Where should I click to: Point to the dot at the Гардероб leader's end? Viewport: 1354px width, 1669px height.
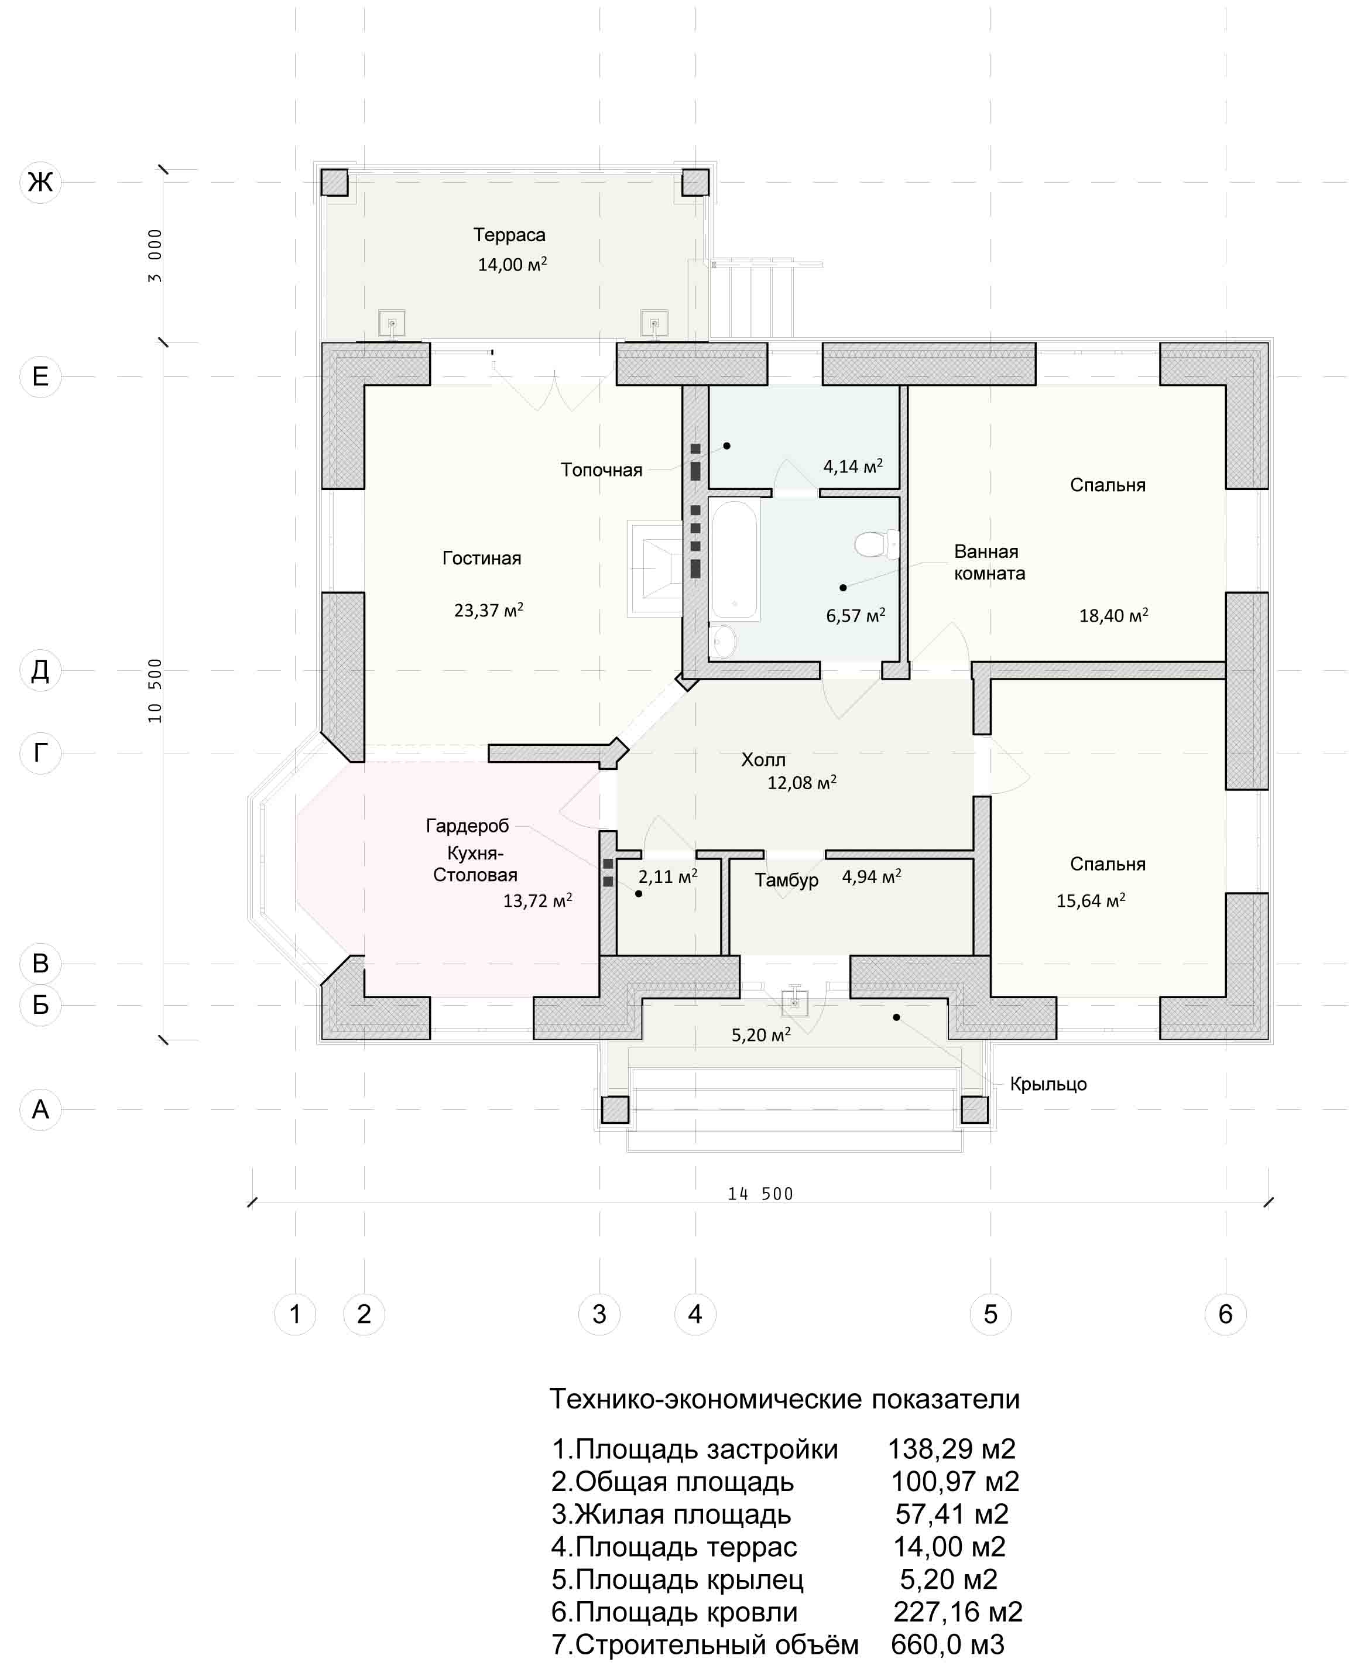click(639, 894)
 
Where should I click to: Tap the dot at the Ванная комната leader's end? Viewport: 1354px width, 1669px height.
click(843, 587)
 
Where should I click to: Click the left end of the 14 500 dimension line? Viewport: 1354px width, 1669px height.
click(252, 1202)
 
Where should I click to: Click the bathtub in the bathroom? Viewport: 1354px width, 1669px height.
click(734, 559)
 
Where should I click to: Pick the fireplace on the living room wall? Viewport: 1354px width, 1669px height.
click(655, 568)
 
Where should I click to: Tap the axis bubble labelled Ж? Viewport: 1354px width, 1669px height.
click(40, 183)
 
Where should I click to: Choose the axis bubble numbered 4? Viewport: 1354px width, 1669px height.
click(695, 1314)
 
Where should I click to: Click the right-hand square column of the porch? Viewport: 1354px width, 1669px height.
click(974, 1110)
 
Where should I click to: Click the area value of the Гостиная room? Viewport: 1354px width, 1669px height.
click(488, 610)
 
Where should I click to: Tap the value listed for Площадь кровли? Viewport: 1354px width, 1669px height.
click(957, 1611)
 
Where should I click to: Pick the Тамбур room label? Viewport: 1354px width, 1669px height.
click(786, 880)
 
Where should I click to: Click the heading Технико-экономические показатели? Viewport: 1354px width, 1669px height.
click(784, 1399)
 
